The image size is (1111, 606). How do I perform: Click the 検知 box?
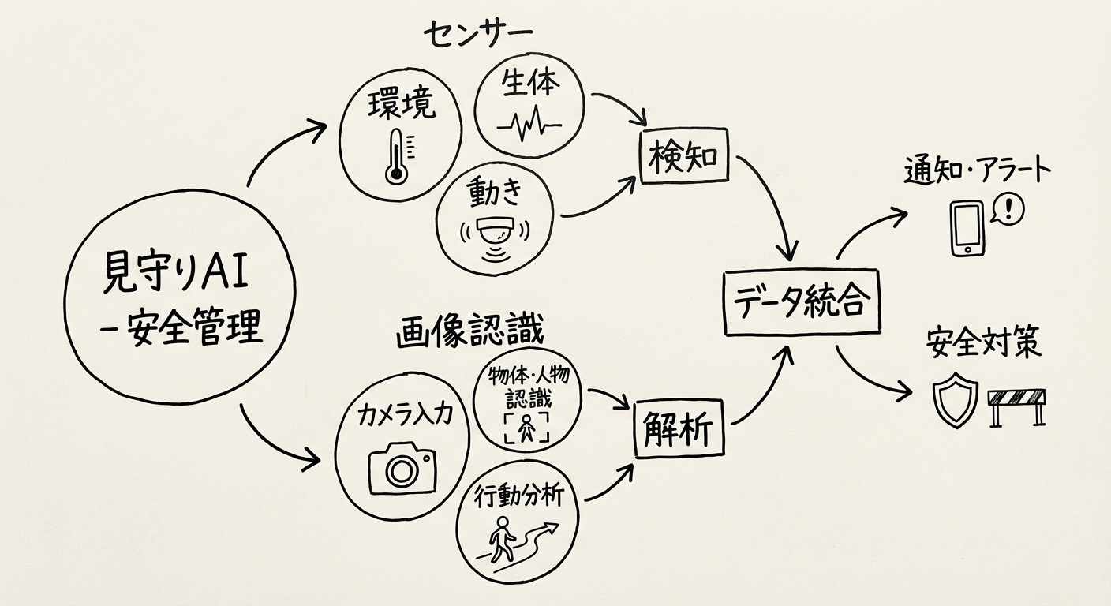point(683,157)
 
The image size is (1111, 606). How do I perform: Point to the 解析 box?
point(679,431)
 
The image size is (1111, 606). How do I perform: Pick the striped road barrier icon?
point(1017,403)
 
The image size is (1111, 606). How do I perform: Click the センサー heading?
point(478,33)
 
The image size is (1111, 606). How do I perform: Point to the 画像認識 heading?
point(469,332)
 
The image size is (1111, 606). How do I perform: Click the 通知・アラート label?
point(978,170)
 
